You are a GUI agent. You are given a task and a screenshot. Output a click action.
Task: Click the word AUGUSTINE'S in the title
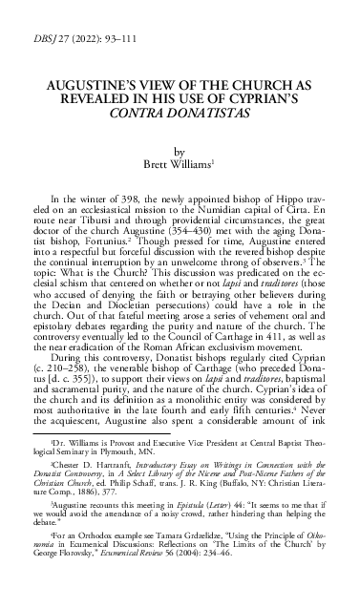click(94, 86)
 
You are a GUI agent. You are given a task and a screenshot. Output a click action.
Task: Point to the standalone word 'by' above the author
click(180, 150)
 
